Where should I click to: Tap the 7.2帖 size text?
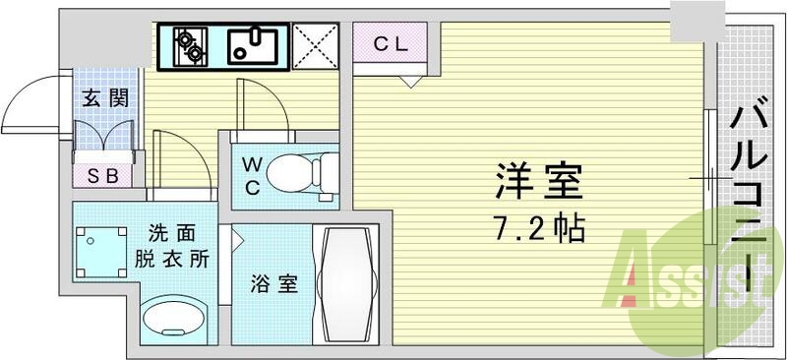539,230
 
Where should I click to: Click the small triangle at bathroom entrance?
237,237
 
